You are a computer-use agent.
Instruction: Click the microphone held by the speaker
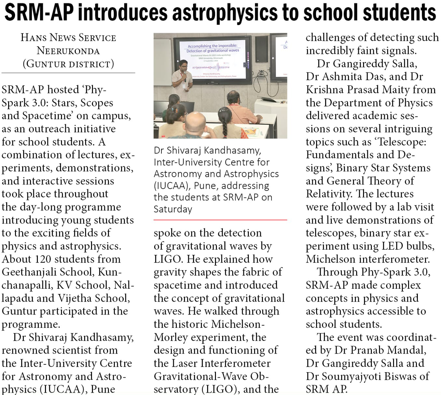185,76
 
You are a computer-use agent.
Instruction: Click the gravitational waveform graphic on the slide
212,67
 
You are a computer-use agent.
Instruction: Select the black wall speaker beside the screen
261,49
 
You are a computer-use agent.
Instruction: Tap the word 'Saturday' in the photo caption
173,209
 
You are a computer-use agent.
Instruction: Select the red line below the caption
220,220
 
